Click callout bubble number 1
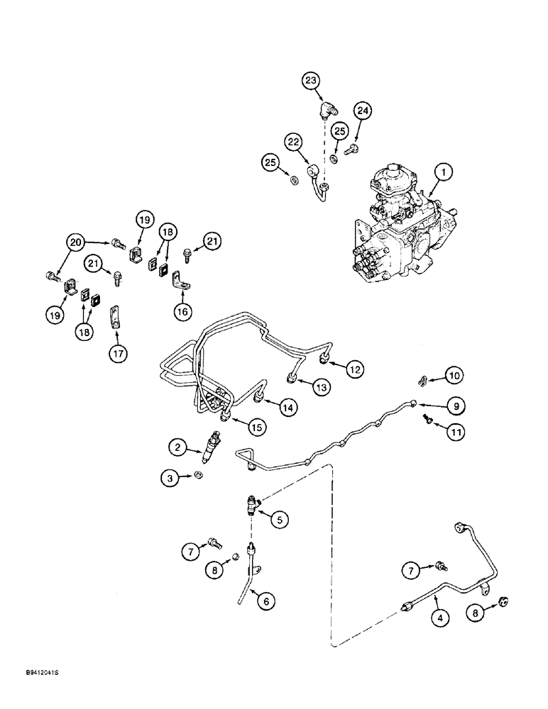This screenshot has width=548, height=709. (x=443, y=171)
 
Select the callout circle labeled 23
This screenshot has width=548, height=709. (x=311, y=82)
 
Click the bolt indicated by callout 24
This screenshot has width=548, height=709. (x=351, y=150)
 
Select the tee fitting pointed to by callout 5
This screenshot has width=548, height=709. (x=253, y=504)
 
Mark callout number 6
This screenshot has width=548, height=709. (x=265, y=601)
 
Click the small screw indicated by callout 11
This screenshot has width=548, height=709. (x=426, y=423)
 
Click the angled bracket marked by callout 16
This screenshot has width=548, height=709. (x=180, y=285)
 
